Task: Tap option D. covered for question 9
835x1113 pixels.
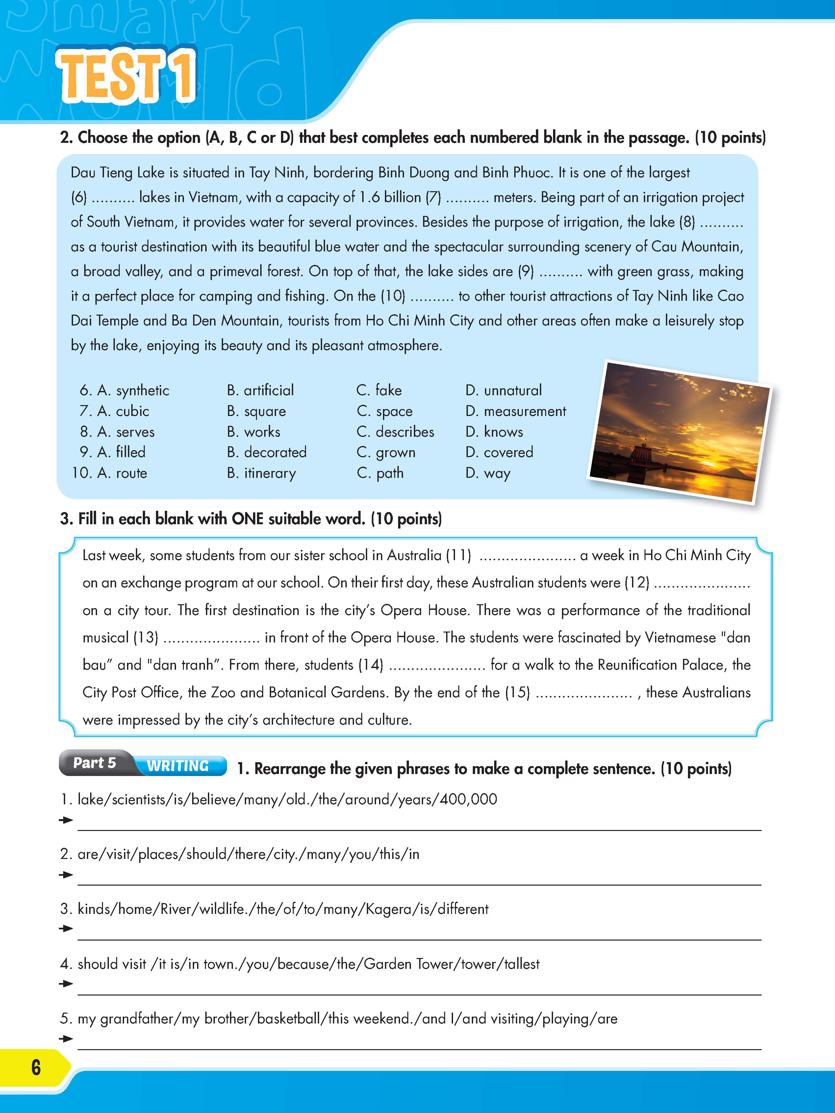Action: (x=499, y=453)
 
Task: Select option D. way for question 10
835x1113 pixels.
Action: (x=488, y=473)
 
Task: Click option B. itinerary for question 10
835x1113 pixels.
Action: (x=262, y=473)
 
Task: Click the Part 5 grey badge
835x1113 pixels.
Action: (x=94, y=763)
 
